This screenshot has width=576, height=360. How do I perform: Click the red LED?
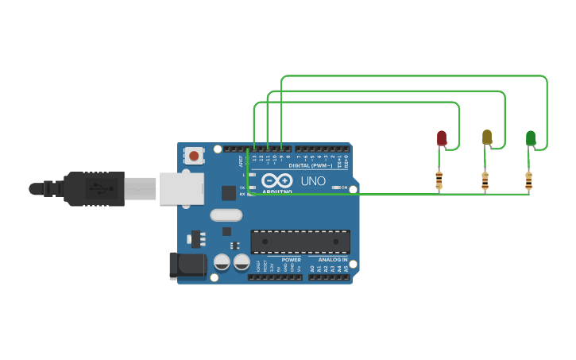coord(442,138)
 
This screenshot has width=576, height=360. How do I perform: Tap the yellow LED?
coord(487,137)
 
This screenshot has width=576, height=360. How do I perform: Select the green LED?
coord(531,138)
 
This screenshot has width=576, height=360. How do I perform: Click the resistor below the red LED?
coord(439,180)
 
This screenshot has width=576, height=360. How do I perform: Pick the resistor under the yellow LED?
coord(485,180)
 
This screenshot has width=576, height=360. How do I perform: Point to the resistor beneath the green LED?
coord(528,180)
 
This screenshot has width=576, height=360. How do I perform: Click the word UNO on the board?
coord(313,181)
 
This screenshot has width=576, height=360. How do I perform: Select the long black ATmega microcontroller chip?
coord(300,242)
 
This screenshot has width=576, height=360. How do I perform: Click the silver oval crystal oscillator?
coord(226,215)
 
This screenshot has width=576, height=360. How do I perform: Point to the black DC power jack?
coord(187,265)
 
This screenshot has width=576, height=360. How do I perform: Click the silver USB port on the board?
coord(181,189)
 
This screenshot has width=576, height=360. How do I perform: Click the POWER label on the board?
coord(292,260)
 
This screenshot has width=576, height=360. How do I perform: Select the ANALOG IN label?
coord(333,260)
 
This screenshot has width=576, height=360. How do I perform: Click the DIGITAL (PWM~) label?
coord(311,165)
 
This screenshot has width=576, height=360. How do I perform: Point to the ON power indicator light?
coord(336,188)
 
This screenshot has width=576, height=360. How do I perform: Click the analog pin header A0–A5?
coord(329,277)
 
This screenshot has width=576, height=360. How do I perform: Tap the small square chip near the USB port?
coord(229,192)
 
